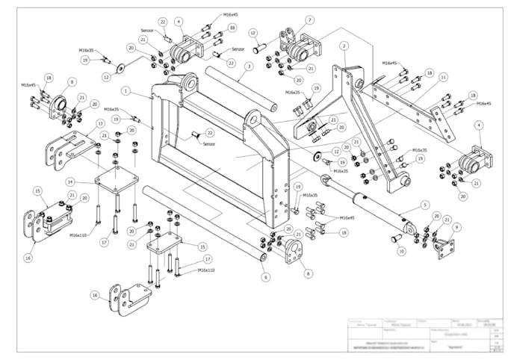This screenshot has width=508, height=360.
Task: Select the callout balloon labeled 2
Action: [x=344, y=46]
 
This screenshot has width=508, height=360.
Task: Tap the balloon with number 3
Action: [x=246, y=66]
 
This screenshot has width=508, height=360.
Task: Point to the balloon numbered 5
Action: [x=425, y=204]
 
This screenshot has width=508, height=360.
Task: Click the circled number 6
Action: [x=264, y=276]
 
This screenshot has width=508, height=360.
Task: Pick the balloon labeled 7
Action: [x=309, y=20]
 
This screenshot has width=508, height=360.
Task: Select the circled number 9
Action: [x=457, y=226]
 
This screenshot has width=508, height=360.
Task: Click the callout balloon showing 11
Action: [x=443, y=77]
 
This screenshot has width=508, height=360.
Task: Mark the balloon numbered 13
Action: [x=99, y=123]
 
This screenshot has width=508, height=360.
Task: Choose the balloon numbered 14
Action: [x=69, y=181]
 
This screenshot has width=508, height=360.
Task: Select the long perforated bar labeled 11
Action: [x=415, y=112]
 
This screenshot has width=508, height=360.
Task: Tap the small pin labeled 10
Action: [x=395, y=238]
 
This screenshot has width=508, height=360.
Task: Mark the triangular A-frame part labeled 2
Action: [x=359, y=112]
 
